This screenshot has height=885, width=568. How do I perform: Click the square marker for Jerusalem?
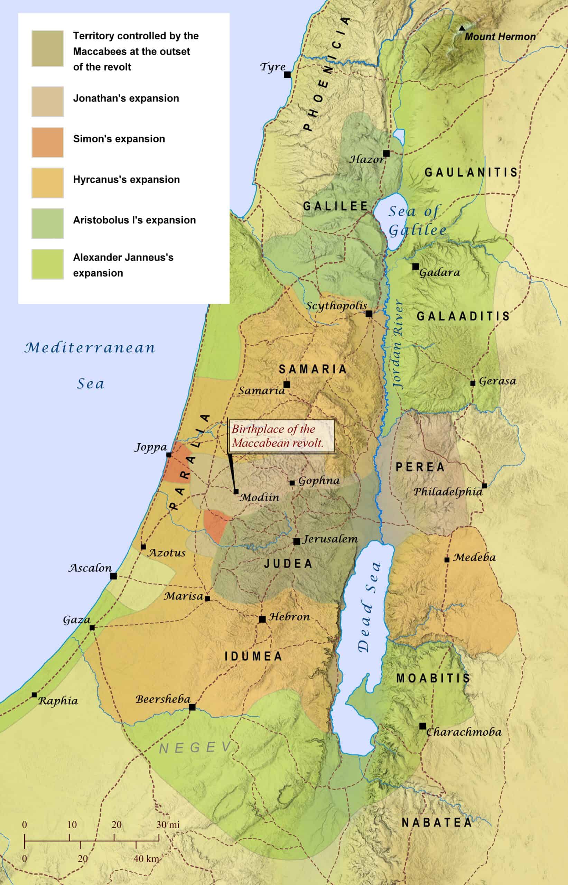point(297,541)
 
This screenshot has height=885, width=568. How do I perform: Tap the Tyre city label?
point(272,67)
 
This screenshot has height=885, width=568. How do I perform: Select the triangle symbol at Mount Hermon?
point(462,28)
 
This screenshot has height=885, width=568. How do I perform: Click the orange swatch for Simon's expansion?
point(48,142)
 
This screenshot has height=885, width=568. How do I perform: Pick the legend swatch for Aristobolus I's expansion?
point(48,223)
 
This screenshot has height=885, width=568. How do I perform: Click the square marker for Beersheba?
point(192,707)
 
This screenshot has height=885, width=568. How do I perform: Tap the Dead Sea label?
point(369,607)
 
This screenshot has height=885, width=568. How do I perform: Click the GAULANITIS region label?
point(471,172)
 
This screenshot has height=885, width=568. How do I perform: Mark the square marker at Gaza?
point(92,627)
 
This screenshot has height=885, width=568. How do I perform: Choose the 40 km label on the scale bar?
point(147,859)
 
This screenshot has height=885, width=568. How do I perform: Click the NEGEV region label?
point(195,747)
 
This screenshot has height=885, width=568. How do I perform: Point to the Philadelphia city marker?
point(484,486)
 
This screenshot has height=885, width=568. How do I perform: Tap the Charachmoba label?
point(464,732)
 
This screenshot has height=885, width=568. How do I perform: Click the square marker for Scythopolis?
point(369,314)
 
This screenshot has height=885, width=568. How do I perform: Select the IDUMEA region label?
point(254,656)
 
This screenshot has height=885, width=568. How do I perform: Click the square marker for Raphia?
point(34,695)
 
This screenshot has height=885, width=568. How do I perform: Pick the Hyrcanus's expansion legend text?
point(127,179)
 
